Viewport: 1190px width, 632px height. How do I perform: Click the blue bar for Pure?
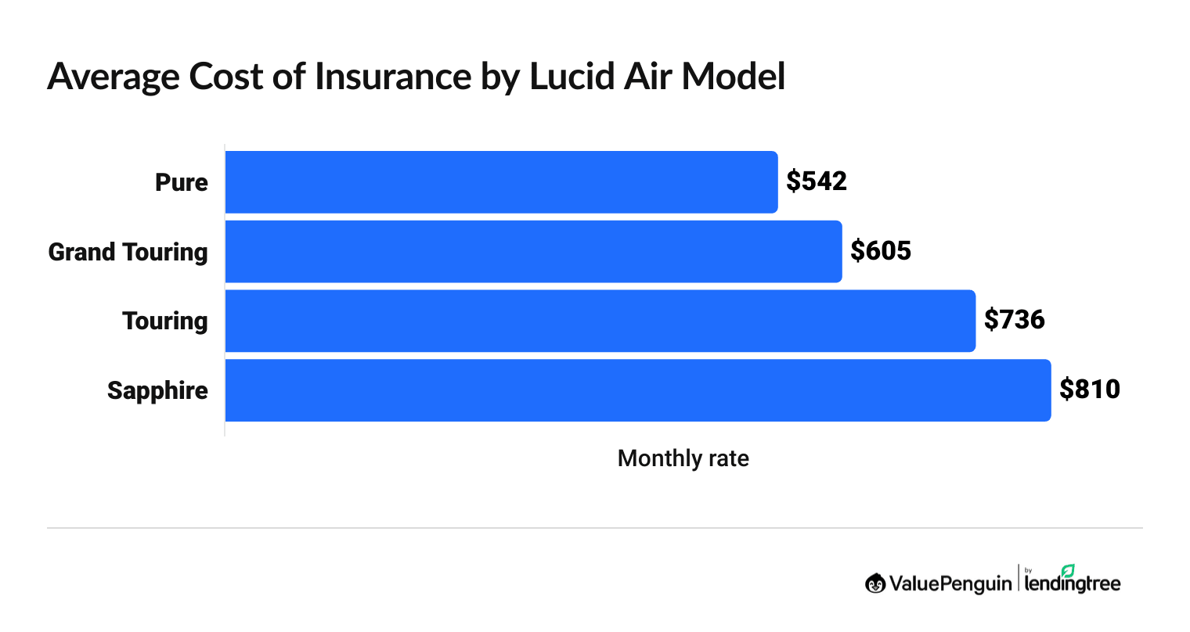click(x=501, y=181)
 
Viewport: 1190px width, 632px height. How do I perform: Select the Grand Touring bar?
click(x=533, y=251)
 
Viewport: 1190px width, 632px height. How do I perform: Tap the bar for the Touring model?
click(x=600, y=321)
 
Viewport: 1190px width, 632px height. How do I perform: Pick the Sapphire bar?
click(x=637, y=390)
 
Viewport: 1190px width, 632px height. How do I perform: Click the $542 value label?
click(x=817, y=181)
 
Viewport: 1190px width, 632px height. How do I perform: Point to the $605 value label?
click(x=881, y=251)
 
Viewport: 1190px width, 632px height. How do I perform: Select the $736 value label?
click(x=1014, y=320)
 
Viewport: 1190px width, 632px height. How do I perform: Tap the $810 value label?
click(x=1089, y=390)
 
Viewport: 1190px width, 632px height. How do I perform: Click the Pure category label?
click(x=182, y=182)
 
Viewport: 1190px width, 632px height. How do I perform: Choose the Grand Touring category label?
click(x=128, y=252)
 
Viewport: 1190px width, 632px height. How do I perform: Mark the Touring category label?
click(x=165, y=321)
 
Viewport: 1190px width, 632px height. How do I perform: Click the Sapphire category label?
click(x=158, y=390)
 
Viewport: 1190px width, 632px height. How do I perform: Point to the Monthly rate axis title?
click(x=683, y=458)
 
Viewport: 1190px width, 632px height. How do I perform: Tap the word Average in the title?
click(x=112, y=77)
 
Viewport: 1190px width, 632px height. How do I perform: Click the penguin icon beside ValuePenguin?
click(x=874, y=584)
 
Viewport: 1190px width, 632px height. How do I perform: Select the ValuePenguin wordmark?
click(x=950, y=584)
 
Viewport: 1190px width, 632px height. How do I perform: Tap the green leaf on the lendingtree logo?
click(x=1068, y=570)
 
